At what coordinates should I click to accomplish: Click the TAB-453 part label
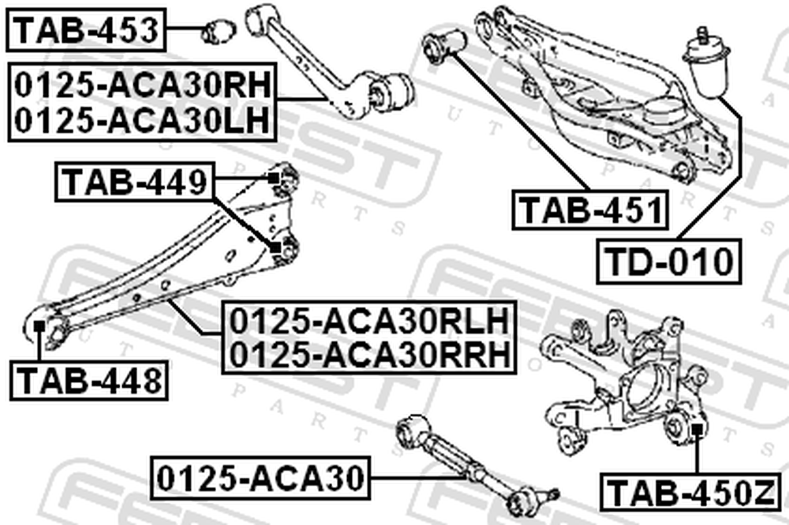click(x=86, y=30)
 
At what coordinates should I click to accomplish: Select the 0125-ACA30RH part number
click(x=143, y=85)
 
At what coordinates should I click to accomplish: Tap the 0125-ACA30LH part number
click(x=142, y=120)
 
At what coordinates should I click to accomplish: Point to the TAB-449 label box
click(x=135, y=182)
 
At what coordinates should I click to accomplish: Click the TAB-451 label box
click(x=590, y=210)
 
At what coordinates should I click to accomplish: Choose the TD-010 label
click(x=669, y=261)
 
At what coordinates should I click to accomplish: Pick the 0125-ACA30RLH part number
click(x=369, y=321)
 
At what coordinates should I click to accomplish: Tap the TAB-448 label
click(x=89, y=380)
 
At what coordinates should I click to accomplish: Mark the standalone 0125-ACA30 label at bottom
click(x=260, y=478)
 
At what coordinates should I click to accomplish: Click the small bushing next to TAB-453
click(x=219, y=31)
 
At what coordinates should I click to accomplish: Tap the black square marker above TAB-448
click(x=39, y=327)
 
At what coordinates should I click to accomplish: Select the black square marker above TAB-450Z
click(x=697, y=429)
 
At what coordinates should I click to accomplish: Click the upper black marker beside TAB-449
click(x=273, y=178)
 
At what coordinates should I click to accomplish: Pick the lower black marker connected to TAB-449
click(x=275, y=248)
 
